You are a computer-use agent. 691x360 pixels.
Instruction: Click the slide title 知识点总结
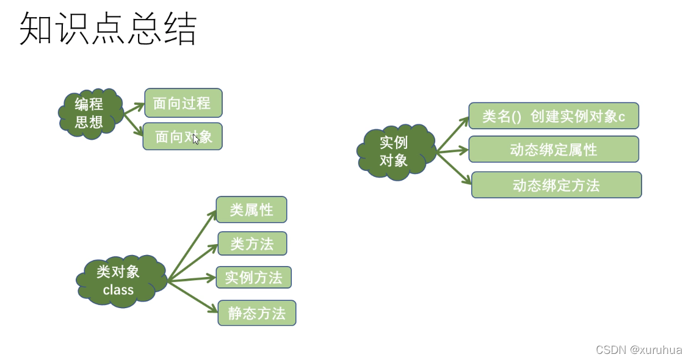(x=108, y=29)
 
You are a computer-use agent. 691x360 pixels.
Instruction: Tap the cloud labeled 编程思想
(x=90, y=113)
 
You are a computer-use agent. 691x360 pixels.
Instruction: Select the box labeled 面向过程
(x=183, y=103)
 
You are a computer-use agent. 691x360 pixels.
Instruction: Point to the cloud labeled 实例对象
(x=394, y=151)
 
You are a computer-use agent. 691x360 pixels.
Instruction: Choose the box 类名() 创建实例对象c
(x=553, y=116)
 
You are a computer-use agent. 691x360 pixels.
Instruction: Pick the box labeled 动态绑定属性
(x=553, y=149)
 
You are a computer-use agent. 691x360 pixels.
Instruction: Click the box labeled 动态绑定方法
(x=556, y=185)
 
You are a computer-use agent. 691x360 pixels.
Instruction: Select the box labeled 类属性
(x=251, y=209)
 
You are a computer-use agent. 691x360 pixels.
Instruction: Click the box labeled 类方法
(x=252, y=243)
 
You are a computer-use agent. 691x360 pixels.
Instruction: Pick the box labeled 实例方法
(x=253, y=278)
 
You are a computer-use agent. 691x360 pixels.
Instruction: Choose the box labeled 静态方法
(x=256, y=313)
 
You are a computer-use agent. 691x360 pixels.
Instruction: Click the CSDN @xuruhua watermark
(x=639, y=350)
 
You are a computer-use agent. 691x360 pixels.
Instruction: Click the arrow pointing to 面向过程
(x=134, y=108)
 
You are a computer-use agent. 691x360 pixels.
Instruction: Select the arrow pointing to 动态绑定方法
(x=454, y=167)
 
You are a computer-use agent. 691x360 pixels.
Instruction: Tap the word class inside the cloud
(x=118, y=290)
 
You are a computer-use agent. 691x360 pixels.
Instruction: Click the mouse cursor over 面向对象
(x=196, y=139)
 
